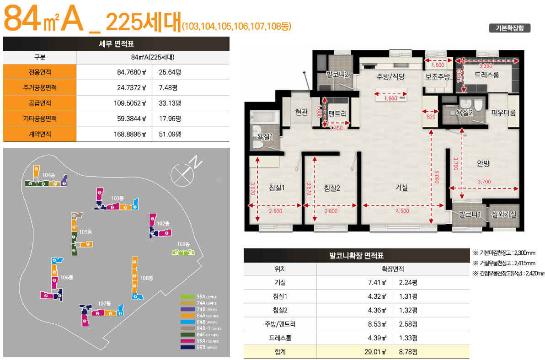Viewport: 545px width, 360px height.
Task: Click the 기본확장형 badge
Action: click(509, 28)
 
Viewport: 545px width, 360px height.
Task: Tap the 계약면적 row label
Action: click(39, 134)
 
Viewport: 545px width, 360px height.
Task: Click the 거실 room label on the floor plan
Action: click(401, 187)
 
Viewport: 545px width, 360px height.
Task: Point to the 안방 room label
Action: click(483, 163)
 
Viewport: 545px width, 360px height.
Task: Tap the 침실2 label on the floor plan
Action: click(332, 188)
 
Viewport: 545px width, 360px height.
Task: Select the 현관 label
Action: click(301, 112)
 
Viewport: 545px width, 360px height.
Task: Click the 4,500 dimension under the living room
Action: click(402, 211)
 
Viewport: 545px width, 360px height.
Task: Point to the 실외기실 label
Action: click(503, 214)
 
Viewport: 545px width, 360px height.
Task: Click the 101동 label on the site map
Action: click(183, 244)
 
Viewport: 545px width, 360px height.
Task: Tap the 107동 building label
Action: click(105, 303)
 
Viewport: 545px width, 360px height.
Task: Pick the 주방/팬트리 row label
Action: click(280, 324)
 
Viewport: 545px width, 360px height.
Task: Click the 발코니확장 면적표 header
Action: click(356, 256)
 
